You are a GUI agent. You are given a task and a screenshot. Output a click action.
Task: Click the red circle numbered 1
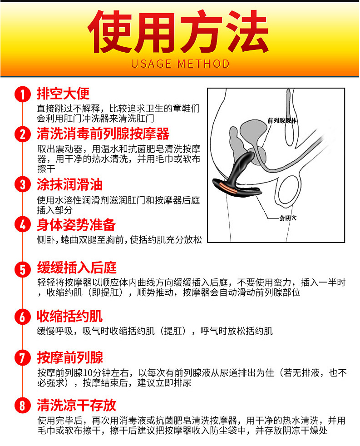pos(22,94)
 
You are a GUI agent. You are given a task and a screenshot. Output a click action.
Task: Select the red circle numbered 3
pos(22,184)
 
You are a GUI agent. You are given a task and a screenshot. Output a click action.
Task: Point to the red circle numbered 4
pos(22,224)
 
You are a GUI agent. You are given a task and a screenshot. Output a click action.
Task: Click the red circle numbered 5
pos(22,269)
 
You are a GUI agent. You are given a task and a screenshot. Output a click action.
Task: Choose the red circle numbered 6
pos(22,317)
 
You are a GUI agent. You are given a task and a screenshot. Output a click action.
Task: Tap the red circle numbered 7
pos(22,358)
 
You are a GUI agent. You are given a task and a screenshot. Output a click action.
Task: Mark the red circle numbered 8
pos(22,405)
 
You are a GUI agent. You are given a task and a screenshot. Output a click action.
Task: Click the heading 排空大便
pos(63,94)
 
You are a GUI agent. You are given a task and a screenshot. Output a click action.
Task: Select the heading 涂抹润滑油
pos(69,184)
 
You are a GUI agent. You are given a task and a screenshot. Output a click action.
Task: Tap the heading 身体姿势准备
pos(76,225)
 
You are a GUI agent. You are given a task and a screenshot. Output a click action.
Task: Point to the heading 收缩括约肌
pos(69,316)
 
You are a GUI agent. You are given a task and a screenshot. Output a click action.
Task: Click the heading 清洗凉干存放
pos(76,405)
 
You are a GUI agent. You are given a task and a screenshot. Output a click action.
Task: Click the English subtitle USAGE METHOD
pos(180,64)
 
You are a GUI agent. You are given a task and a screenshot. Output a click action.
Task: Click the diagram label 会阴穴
pos(288,218)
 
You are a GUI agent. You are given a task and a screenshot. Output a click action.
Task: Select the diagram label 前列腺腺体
pos(282,121)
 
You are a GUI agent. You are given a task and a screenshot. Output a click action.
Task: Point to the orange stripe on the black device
pos(227,188)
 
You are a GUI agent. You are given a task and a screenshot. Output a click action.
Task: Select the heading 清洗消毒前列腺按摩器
pos(103,134)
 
